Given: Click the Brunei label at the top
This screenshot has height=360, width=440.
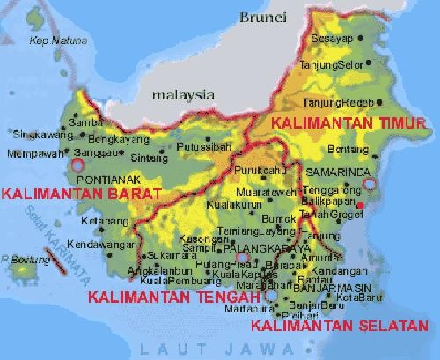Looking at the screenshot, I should (261, 15).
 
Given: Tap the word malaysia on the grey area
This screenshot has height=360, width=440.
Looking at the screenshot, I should (182, 93).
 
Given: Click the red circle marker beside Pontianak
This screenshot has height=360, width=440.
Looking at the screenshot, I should (77, 165).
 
